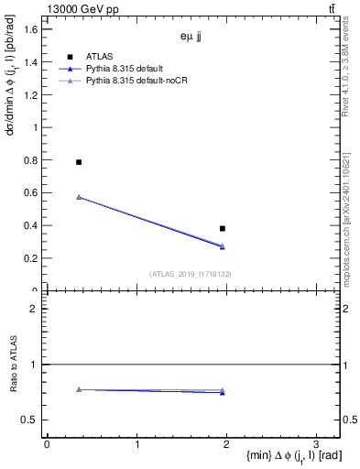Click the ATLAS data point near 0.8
coord(79,162)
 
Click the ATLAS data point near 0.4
coord(223,228)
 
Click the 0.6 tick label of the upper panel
coord(31,193)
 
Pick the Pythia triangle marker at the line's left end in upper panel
coord(79,197)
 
